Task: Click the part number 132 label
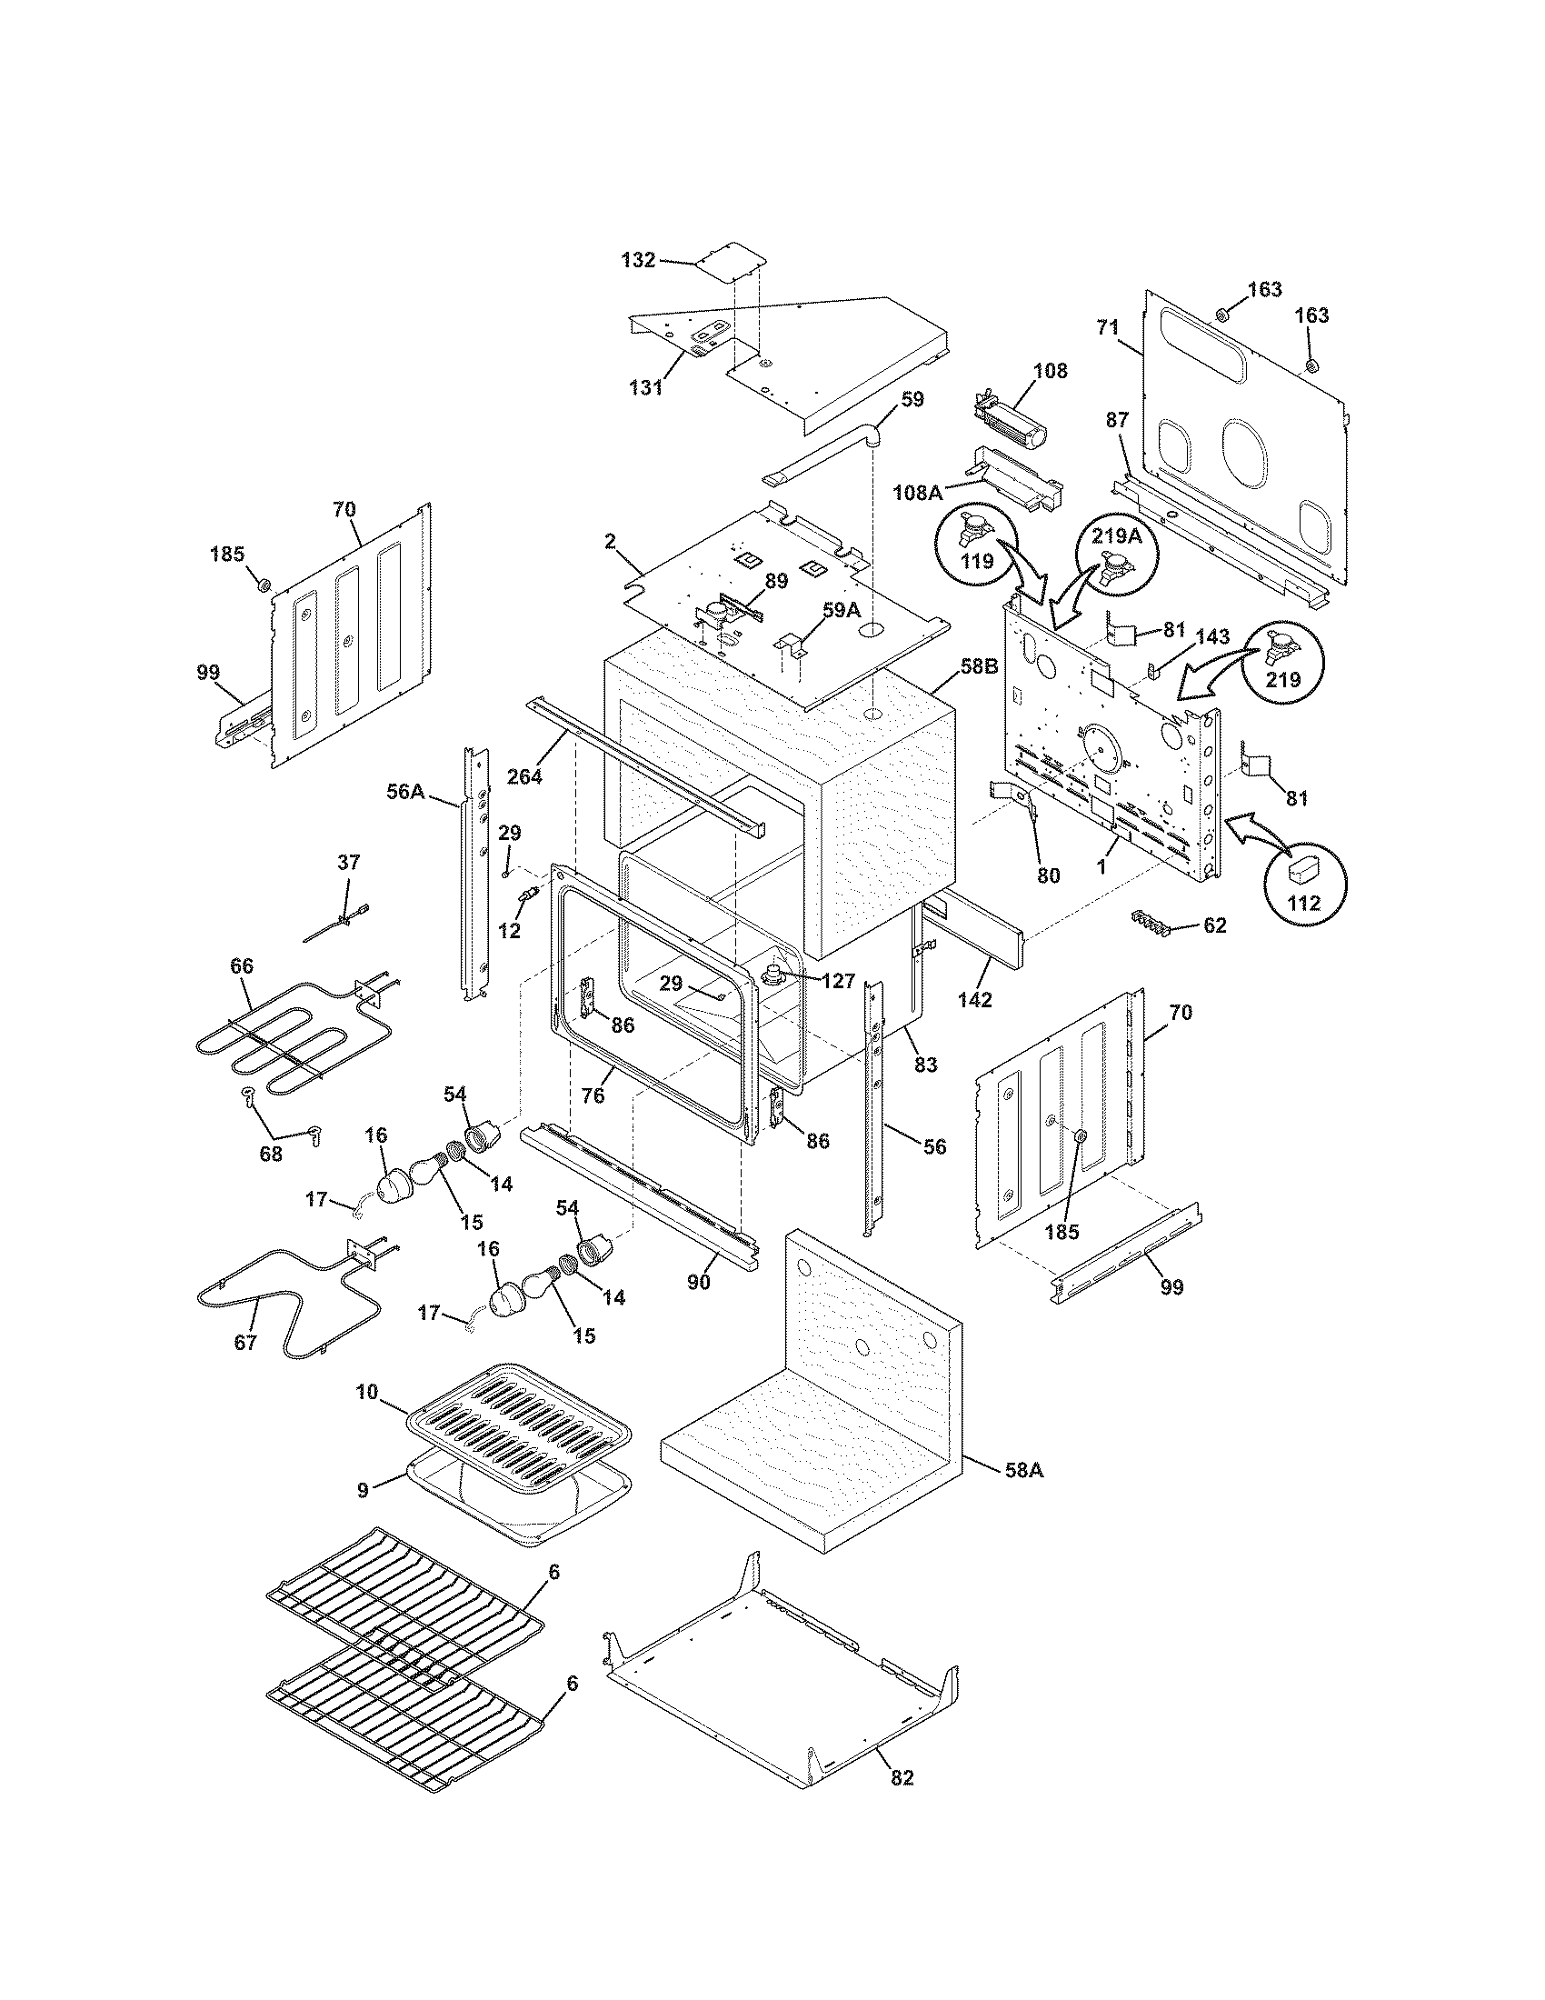(x=638, y=260)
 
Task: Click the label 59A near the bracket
(x=841, y=606)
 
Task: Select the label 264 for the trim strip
(x=525, y=776)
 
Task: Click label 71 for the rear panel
(x=1108, y=325)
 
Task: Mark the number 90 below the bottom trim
(x=698, y=1282)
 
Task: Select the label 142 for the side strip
(x=975, y=999)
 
